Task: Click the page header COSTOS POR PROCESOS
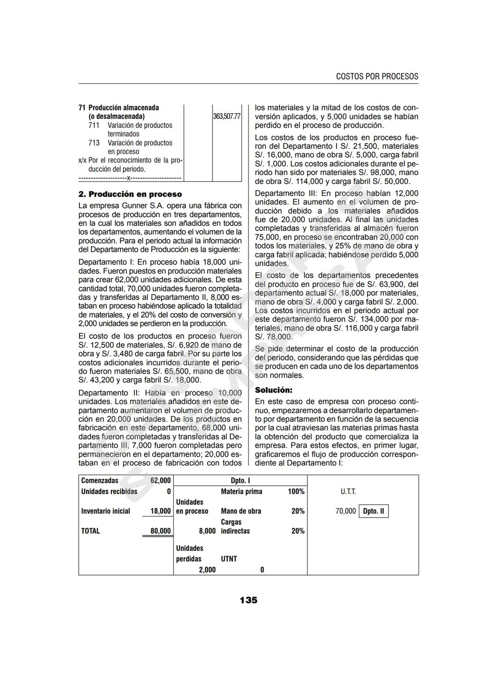pos(377,76)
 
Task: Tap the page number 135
pos(248,600)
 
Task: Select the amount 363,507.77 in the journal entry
pos(227,116)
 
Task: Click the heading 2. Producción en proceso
pos(130,194)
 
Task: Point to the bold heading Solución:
pos(273,389)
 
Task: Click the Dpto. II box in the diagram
pos(374,511)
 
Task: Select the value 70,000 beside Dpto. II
pos(346,511)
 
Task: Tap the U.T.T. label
pos(348,492)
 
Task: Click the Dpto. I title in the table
pos(240,481)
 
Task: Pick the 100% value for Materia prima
pos(296,492)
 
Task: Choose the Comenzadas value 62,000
pos(161,481)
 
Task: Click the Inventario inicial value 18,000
pos(161,511)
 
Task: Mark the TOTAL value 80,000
pos(161,531)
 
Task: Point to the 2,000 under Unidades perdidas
pos(207,570)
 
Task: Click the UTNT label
pos(229,559)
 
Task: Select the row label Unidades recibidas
pos(109,492)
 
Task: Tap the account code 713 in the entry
pos(94,143)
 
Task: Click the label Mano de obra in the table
pos(241,511)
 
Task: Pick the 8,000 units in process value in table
pos(207,531)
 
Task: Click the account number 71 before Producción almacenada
pos(82,108)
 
